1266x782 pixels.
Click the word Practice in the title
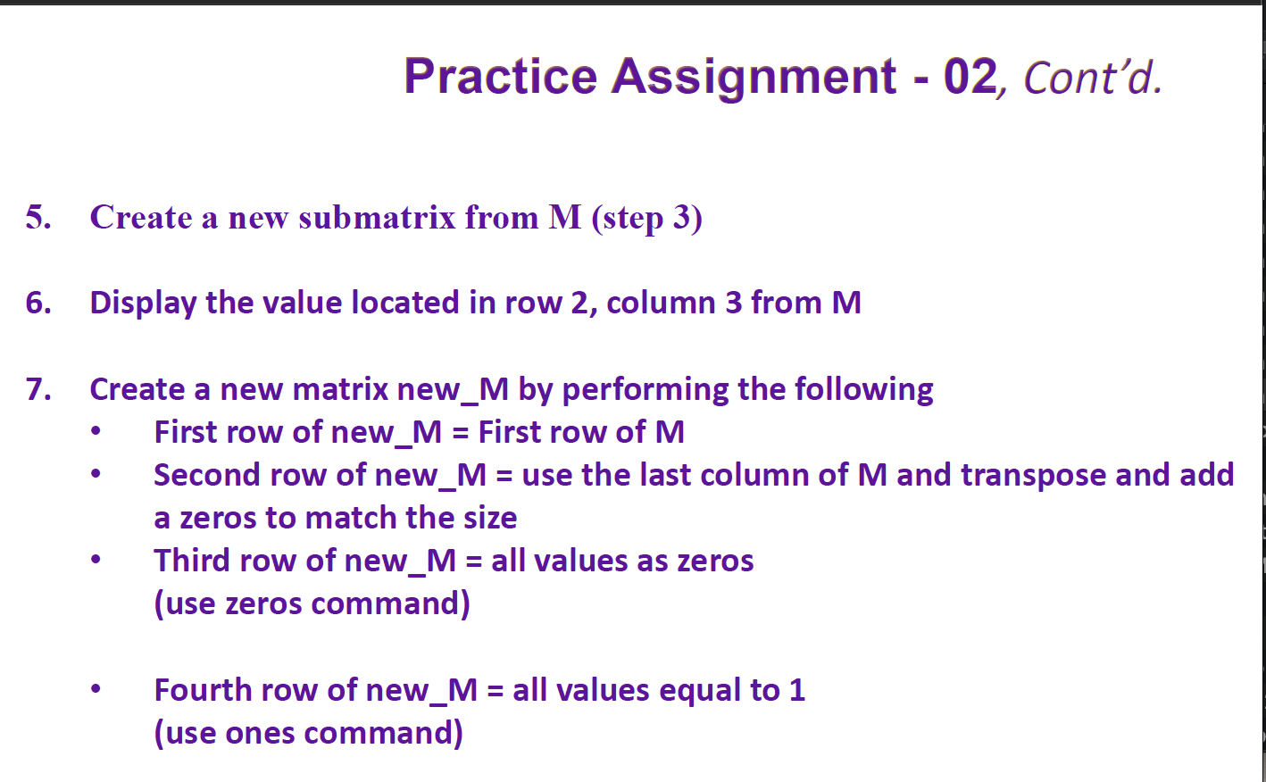(x=500, y=77)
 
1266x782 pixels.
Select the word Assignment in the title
(x=754, y=77)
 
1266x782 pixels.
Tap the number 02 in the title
(x=970, y=77)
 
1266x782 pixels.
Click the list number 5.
(x=37, y=217)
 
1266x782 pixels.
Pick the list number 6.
(x=37, y=303)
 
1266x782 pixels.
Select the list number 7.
(x=37, y=389)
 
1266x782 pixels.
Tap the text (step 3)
(x=646, y=218)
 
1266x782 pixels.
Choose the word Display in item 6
(x=143, y=304)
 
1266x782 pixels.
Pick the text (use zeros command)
(x=312, y=604)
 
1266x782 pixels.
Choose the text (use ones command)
(x=308, y=734)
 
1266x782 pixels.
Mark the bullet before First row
(x=96, y=432)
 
